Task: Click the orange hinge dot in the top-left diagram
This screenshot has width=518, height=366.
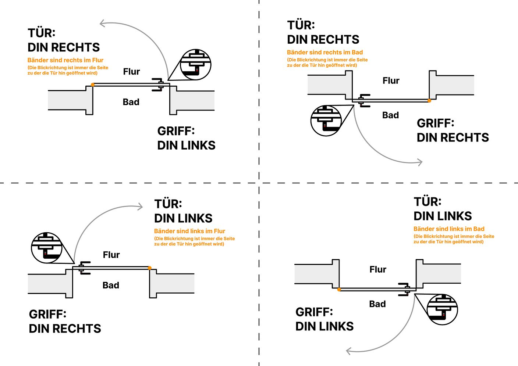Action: click(x=92, y=85)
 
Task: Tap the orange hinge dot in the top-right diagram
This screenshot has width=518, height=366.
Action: click(x=429, y=101)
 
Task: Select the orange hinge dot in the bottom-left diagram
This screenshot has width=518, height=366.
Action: click(x=150, y=268)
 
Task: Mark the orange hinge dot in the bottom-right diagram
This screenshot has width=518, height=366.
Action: click(x=339, y=290)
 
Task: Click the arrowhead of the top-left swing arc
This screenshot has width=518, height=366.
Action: click(x=102, y=23)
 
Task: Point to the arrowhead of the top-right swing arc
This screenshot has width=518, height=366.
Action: click(x=420, y=162)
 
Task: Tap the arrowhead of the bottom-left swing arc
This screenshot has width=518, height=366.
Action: click(x=140, y=207)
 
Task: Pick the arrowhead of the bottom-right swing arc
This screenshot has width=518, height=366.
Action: click(x=349, y=351)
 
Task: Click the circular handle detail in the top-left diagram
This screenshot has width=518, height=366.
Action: click(x=196, y=64)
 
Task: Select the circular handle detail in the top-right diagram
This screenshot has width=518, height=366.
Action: click(x=326, y=121)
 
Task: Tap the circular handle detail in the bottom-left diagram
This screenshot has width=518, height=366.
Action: click(x=47, y=248)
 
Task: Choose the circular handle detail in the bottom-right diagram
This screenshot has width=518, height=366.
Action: click(x=442, y=309)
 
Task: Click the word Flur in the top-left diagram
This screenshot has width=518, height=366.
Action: click(x=131, y=72)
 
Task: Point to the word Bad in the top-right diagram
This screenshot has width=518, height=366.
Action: click(x=391, y=115)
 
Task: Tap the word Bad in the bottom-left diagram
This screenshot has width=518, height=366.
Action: click(x=111, y=285)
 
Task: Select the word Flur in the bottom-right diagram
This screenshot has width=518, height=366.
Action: click(x=378, y=269)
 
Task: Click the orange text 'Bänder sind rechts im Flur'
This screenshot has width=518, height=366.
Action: click(x=65, y=60)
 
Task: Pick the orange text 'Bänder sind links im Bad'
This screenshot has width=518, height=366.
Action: click(x=449, y=229)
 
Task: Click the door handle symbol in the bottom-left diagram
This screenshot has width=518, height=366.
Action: click(x=84, y=268)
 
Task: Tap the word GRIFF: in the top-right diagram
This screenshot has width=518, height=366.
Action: click(x=436, y=123)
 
